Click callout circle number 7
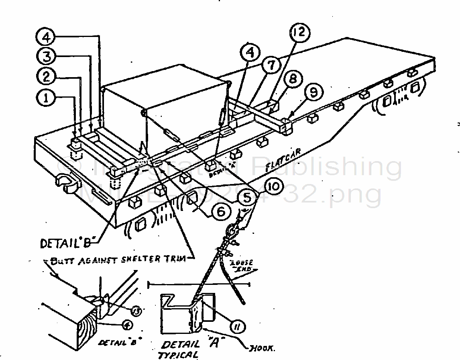click(272, 65)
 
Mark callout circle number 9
click(313, 93)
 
